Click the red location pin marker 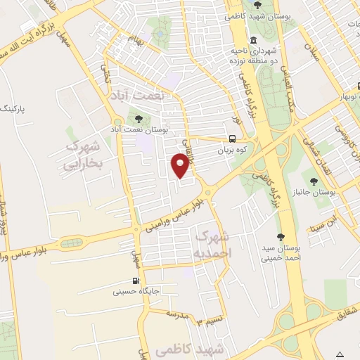181,165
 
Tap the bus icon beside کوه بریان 233,139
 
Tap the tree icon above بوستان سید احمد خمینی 281,237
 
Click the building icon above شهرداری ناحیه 253,39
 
